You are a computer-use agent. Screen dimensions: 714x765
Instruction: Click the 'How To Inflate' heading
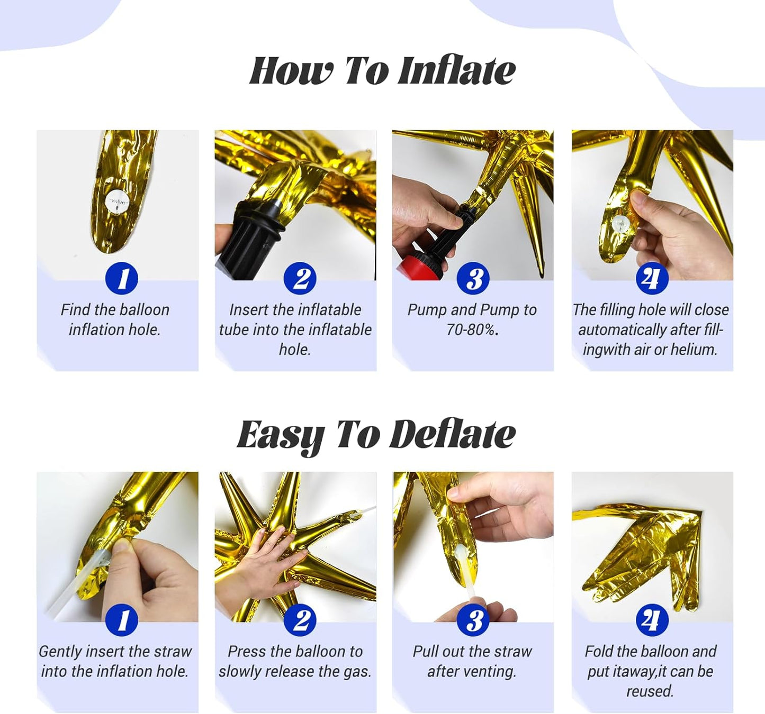(x=382, y=71)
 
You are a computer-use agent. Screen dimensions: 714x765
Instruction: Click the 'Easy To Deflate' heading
(x=376, y=435)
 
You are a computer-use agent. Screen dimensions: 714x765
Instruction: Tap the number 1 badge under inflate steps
(x=122, y=278)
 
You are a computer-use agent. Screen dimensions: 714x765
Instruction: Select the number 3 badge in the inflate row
(x=473, y=278)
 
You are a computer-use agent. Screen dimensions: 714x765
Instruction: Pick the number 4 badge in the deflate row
(x=652, y=620)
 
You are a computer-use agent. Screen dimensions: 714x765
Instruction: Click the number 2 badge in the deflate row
(x=300, y=620)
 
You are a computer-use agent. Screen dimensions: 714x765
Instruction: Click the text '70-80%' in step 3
(x=471, y=330)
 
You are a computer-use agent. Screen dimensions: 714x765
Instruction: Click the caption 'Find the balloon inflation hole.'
(x=115, y=319)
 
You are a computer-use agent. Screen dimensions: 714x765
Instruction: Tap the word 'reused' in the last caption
(x=649, y=691)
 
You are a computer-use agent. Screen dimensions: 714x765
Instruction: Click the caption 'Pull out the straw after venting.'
(x=472, y=661)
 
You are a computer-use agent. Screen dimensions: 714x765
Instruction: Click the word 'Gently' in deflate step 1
(x=60, y=652)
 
